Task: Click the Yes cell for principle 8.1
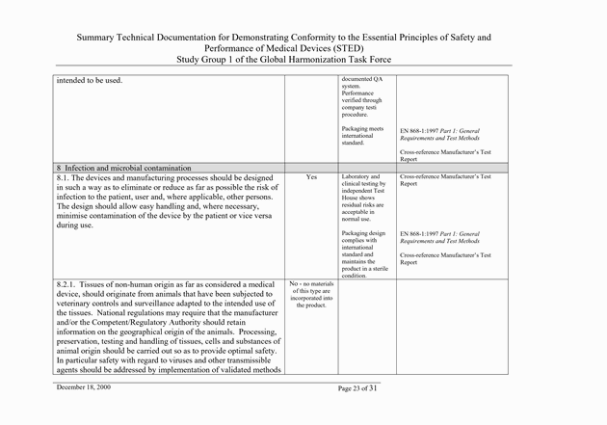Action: coord(311,178)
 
